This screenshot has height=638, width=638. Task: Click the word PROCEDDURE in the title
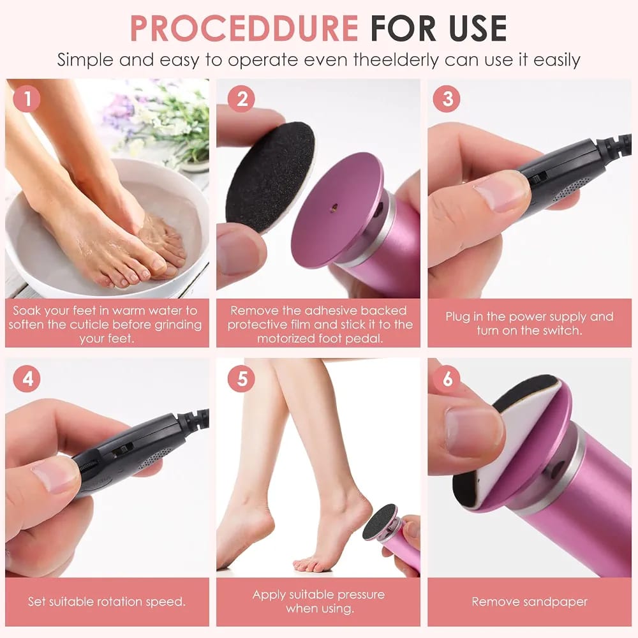coord(244,28)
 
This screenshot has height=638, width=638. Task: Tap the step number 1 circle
coord(27,98)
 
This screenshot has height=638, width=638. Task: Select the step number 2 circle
coord(241,99)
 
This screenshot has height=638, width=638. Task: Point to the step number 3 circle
coord(447,99)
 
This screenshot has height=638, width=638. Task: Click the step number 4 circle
coord(27,379)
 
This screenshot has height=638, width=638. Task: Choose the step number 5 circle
coord(241,379)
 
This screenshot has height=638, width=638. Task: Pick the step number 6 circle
coord(447,379)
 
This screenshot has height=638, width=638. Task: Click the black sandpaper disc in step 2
coord(270,177)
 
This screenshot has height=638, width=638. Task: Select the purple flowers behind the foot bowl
coord(118,110)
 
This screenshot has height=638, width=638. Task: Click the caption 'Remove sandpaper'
coord(530,602)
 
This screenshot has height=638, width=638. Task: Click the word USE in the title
coord(478,28)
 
